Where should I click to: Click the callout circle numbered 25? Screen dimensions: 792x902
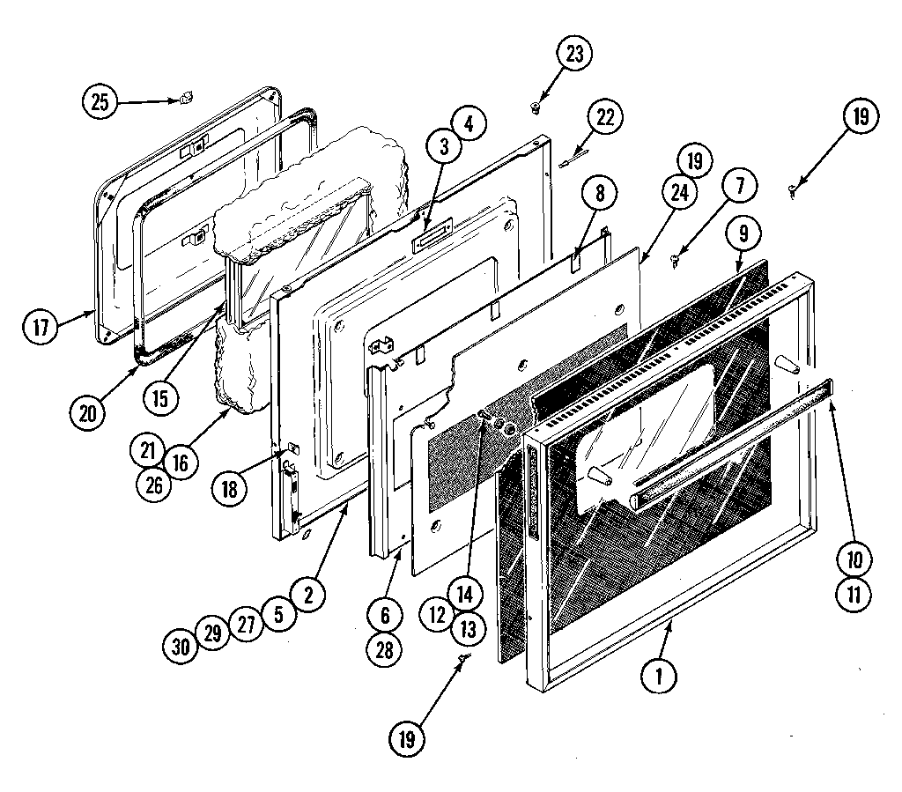point(101,101)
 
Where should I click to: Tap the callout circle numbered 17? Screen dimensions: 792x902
point(41,328)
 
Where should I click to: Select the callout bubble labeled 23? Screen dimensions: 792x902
point(573,54)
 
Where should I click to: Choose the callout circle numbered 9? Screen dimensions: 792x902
point(744,235)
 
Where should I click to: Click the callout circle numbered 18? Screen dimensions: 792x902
point(230,489)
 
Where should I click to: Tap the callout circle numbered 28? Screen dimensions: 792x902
point(385,648)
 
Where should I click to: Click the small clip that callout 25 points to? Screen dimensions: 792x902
point(186,100)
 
